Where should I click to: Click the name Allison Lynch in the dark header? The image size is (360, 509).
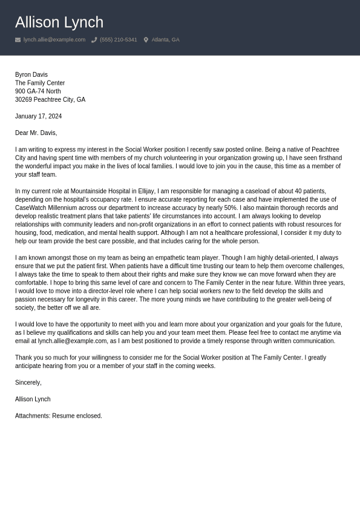[59, 22]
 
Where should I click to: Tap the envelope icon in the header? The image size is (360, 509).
[18, 40]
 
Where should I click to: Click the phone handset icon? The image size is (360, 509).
[94, 40]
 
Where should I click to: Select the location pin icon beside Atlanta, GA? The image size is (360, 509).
[146, 40]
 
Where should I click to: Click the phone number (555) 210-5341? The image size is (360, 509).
[119, 40]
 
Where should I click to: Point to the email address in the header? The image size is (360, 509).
[54, 40]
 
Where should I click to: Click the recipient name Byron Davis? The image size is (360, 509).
[31, 75]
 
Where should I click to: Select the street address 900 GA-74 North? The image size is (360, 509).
[38, 91]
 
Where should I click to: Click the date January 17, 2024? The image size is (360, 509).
[38, 116]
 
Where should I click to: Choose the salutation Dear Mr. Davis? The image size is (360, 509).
[36, 133]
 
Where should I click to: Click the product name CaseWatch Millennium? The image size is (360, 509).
[46, 208]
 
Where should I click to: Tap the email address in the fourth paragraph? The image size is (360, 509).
[73, 341]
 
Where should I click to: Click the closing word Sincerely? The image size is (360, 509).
[28, 383]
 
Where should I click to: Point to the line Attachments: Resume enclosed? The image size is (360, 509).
[59, 416]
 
